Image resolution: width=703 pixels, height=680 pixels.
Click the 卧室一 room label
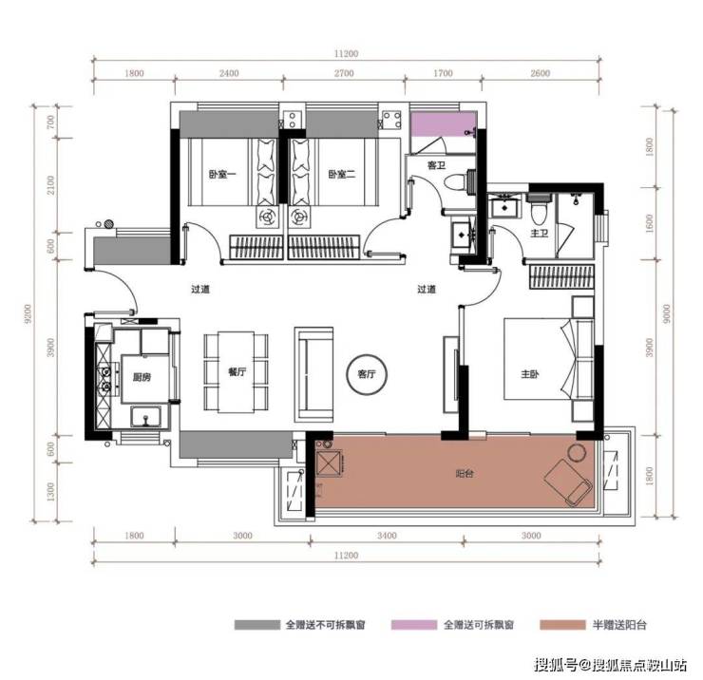(222, 174)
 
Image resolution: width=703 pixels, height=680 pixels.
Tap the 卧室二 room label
(342, 174)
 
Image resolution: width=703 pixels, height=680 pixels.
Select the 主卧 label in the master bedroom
(530, 373)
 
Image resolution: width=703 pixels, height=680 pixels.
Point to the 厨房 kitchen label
(142, 377)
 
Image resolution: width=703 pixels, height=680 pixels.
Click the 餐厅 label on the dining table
(237, 371)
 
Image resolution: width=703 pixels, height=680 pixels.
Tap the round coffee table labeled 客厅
(367, 374)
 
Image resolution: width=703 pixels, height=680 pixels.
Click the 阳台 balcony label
(465, 473)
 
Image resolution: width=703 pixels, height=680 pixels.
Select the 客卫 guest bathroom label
(436, 165)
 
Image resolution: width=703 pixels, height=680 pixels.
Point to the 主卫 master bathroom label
(540, 233)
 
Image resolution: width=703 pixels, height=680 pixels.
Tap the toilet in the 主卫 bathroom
(539, 210)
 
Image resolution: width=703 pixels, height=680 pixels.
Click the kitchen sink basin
(145, 417)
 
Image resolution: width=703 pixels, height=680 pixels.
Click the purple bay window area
(444, 124)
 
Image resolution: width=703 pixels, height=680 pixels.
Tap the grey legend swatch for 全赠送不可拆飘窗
(256, 624)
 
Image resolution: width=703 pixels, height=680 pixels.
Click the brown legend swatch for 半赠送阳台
(562, 624)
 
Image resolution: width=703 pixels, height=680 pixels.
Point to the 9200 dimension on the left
(28, 313)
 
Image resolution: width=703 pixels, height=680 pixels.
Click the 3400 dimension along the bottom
(387, 536)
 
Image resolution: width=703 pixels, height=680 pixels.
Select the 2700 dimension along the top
(344, 73)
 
